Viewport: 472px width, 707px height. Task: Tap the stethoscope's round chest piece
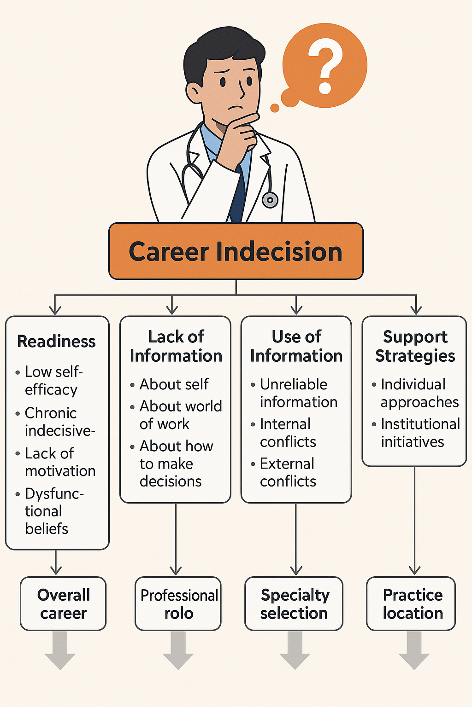pyautogui.click(x=270, y=200)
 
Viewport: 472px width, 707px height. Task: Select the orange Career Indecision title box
pyautogui.click(x=236, y=251)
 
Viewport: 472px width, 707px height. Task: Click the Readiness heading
pyautogui.click(x=56, y=342)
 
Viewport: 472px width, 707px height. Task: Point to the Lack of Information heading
pyautogui.click(x=176, y=346)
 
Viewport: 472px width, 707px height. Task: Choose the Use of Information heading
pyautogui.click(x=296, y=346)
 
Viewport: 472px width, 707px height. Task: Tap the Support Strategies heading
pyautogui.click(x=415, y=346)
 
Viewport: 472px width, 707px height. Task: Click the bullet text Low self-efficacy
pyautogui.click(x=53, y=380)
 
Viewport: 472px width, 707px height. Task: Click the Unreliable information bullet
pyautogui.click(x=297, y=393)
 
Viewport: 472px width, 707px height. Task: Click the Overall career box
pyautogui.click(x=63, y=603)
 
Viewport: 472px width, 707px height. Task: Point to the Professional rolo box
pyautogui.click(x=178, y=603)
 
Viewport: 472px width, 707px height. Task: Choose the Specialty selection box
pyautogui.click(x=294, y=603)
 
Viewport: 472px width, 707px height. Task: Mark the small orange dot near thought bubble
pyautogui.click(x=275, y=108)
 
